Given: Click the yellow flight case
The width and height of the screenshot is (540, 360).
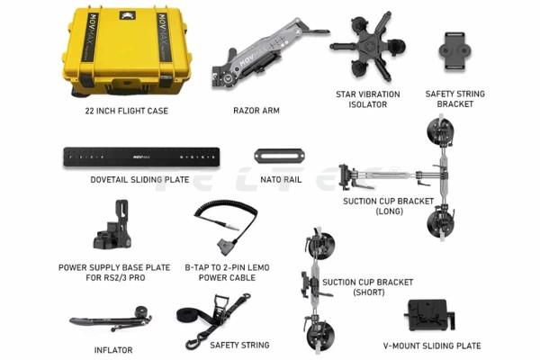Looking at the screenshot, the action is [126, 51].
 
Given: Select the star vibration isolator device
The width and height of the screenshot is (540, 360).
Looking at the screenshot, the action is [368, 46].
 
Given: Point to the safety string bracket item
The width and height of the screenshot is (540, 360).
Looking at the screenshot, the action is [454, 51].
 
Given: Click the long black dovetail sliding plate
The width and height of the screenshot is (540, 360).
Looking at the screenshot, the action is [141, 157].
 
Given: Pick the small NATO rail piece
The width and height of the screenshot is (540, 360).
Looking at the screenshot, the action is [279, 156].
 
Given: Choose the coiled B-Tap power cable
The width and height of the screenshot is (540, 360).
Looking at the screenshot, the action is [226, 227].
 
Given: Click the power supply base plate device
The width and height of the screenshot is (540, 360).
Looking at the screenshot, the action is [112, 225].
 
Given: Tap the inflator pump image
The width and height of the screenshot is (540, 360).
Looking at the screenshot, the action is [111, 319].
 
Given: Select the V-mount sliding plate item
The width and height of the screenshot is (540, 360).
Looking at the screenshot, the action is [429, 314].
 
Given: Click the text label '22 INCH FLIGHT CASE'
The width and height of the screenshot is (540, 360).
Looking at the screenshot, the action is [127, 111].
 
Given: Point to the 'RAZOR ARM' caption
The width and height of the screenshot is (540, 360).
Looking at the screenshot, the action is [256, 111].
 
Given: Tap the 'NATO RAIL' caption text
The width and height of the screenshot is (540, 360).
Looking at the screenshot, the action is [281, 179].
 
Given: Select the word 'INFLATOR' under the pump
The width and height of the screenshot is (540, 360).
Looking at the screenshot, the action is [113, 350].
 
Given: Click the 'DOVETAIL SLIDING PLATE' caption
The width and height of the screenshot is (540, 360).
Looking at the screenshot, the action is [139, 179].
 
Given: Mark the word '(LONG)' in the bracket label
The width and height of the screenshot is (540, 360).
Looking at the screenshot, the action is [389, 211].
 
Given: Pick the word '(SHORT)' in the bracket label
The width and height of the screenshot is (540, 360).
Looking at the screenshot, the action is [369, 292].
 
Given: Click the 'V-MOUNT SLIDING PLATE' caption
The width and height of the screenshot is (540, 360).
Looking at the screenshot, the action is [432, 346].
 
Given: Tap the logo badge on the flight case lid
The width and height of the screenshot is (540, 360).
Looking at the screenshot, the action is [128, 15].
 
